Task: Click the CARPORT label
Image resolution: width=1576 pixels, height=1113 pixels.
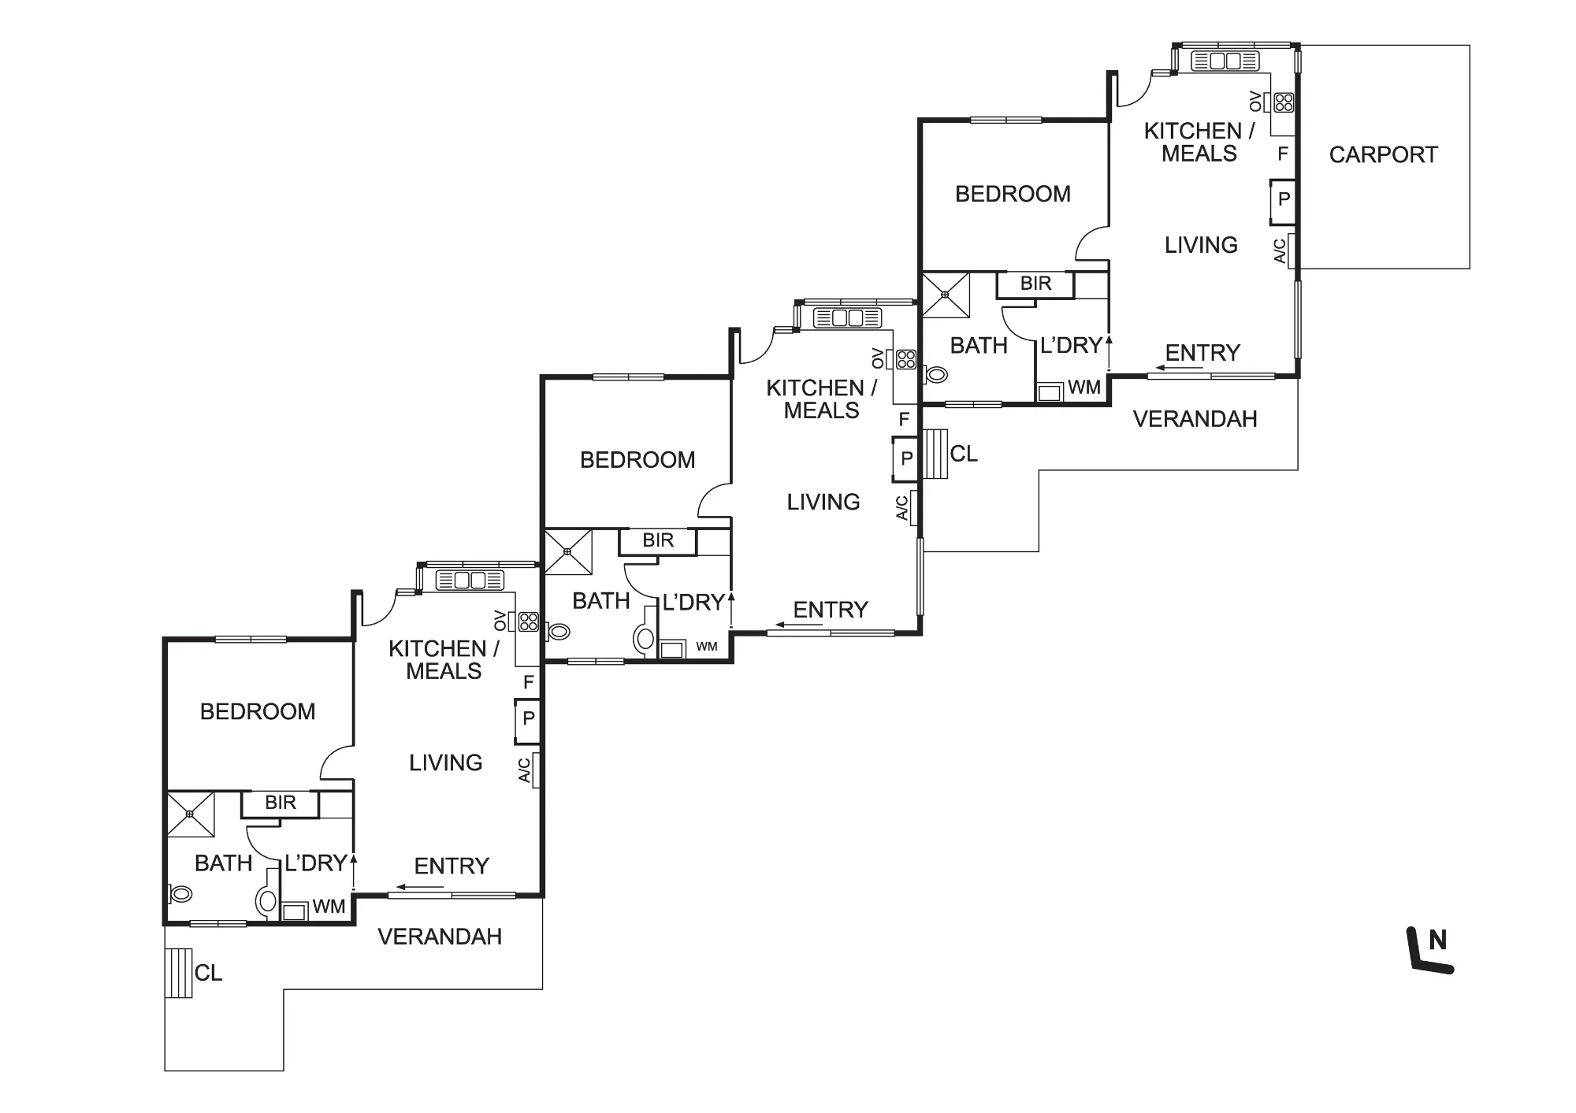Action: (x=1383, y=154)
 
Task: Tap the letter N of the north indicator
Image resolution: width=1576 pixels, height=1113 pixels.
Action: (x=1437, y=940)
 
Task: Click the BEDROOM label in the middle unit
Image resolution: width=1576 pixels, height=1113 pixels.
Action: (x=637, y=460)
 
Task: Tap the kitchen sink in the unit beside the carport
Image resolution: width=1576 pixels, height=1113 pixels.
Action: (x=1225, y=61)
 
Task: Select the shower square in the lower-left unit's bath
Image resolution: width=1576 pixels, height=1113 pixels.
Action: (x=191, y=814)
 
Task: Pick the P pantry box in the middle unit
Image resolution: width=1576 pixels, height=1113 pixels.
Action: (x=906, y=458)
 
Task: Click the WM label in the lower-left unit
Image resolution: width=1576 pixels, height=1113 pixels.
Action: (x=329, y=907)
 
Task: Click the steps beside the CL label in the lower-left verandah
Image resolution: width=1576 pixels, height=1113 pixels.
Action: (x=179, y=973)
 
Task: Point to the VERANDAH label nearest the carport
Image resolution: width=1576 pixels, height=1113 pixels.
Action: (x=1195, y=419)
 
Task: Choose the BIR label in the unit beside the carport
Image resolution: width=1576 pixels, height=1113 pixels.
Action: (x=1035, y=284)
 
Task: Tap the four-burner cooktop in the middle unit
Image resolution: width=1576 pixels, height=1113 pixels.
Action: (x=906, y=359)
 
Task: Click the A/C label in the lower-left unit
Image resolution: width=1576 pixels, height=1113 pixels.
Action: (x=525, y=770)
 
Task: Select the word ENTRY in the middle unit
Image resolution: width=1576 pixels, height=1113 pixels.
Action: (x=831, y=610)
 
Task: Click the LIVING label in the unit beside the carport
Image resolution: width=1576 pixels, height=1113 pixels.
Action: (x=1201, y=245)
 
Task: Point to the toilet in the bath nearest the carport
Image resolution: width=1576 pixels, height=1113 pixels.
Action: (x=935, y=374)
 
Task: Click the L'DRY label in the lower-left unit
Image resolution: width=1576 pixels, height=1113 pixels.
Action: (x=316, y=863)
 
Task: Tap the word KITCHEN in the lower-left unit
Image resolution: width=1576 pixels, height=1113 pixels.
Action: (x=437, y=649)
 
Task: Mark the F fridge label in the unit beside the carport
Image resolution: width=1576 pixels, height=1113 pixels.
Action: (x=1283, y=154)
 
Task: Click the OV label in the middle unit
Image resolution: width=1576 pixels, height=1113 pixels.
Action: (x=878, y=358)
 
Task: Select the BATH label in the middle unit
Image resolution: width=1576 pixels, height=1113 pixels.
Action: (x=601, y=601)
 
